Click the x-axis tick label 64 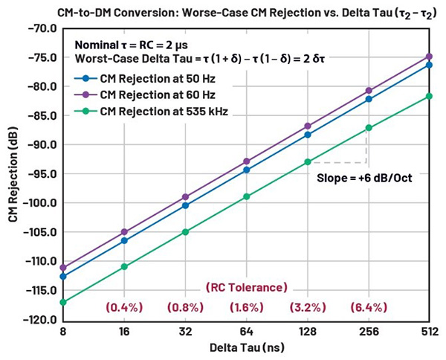point(246,332)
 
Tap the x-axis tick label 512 point(429,332)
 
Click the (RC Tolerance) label point(246,287)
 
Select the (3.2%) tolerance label point(307,306)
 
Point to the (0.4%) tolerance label point(124,306)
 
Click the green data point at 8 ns point(63,302)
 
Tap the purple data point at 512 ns point(429,57)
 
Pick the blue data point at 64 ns point(246,170)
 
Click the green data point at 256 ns point(368,128)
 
